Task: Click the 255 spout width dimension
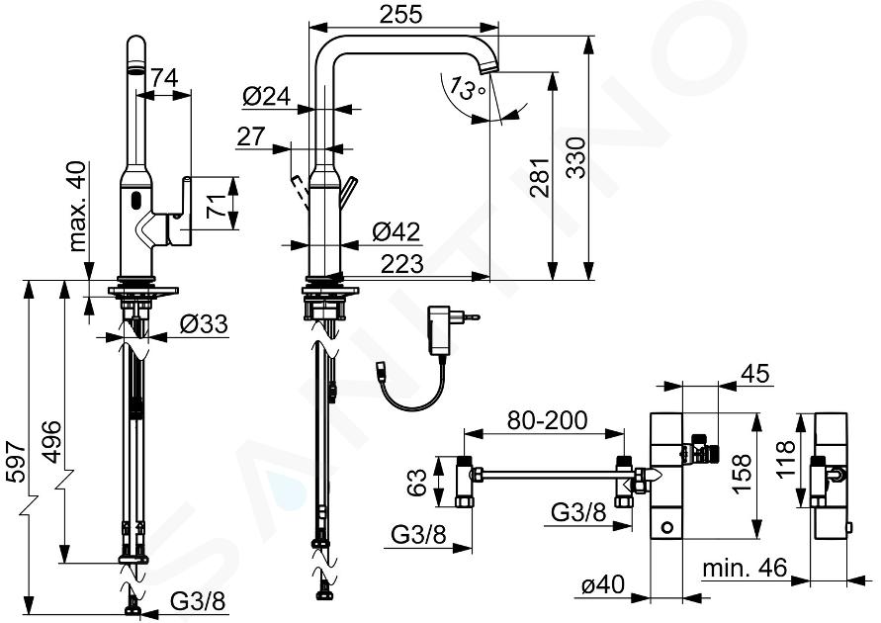pyautogui.click(x=400, y=14)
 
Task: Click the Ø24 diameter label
pyautogui.click(x=265, y=96)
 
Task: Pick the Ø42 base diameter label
pyautogui.click(x=396, y=232)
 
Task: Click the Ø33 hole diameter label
pyautogui.click(x=204, y=322)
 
